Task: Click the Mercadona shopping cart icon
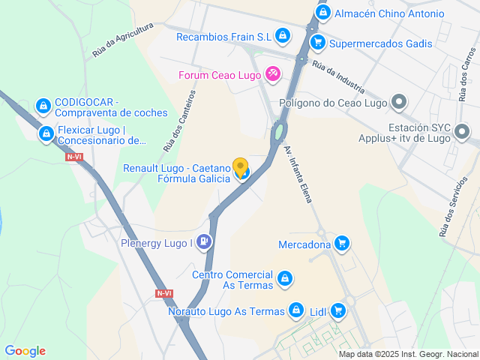(342, 242)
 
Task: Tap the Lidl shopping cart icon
(338, 309)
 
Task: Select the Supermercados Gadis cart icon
(318, 43)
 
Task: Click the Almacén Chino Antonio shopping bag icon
(322, 13)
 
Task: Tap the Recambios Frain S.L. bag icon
(282, 34)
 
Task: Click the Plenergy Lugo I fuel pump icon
(205, 241)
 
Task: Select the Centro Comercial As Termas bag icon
(283, 279)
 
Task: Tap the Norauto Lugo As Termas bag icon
(297, 310)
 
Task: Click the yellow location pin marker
(241, 167)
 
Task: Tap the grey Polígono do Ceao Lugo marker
(400, 103)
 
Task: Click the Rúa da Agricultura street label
(123, 40)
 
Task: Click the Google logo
(25, 350)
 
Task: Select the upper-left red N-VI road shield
(74, 157)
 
